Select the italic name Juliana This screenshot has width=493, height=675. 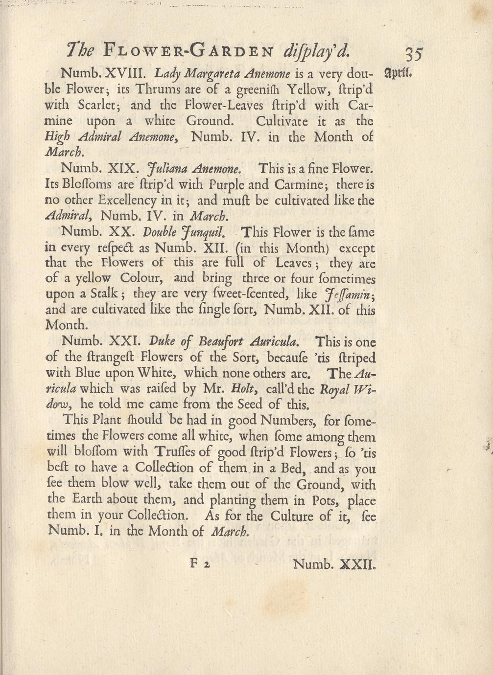[167, 169]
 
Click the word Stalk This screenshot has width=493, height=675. [103, 294]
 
